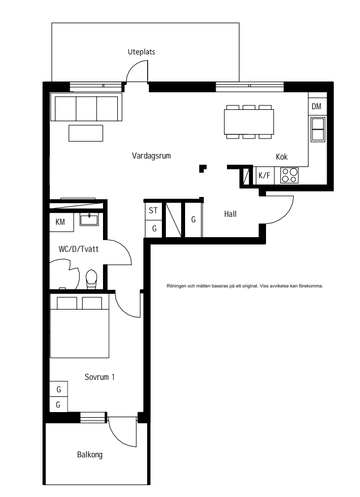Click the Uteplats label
142,52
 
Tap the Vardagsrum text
151,156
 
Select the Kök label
282,157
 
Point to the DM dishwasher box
316,106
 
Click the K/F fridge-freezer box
264,175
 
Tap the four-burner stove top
289,175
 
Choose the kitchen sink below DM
318,129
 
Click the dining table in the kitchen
248,122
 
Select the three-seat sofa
86,107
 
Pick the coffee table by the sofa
86,133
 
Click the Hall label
230,214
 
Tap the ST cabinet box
154,211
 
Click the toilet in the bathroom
91,279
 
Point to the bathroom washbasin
89,219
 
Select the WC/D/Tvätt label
79,249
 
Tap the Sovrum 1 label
100,377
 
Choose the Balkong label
89,455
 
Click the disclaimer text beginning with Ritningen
245,286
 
